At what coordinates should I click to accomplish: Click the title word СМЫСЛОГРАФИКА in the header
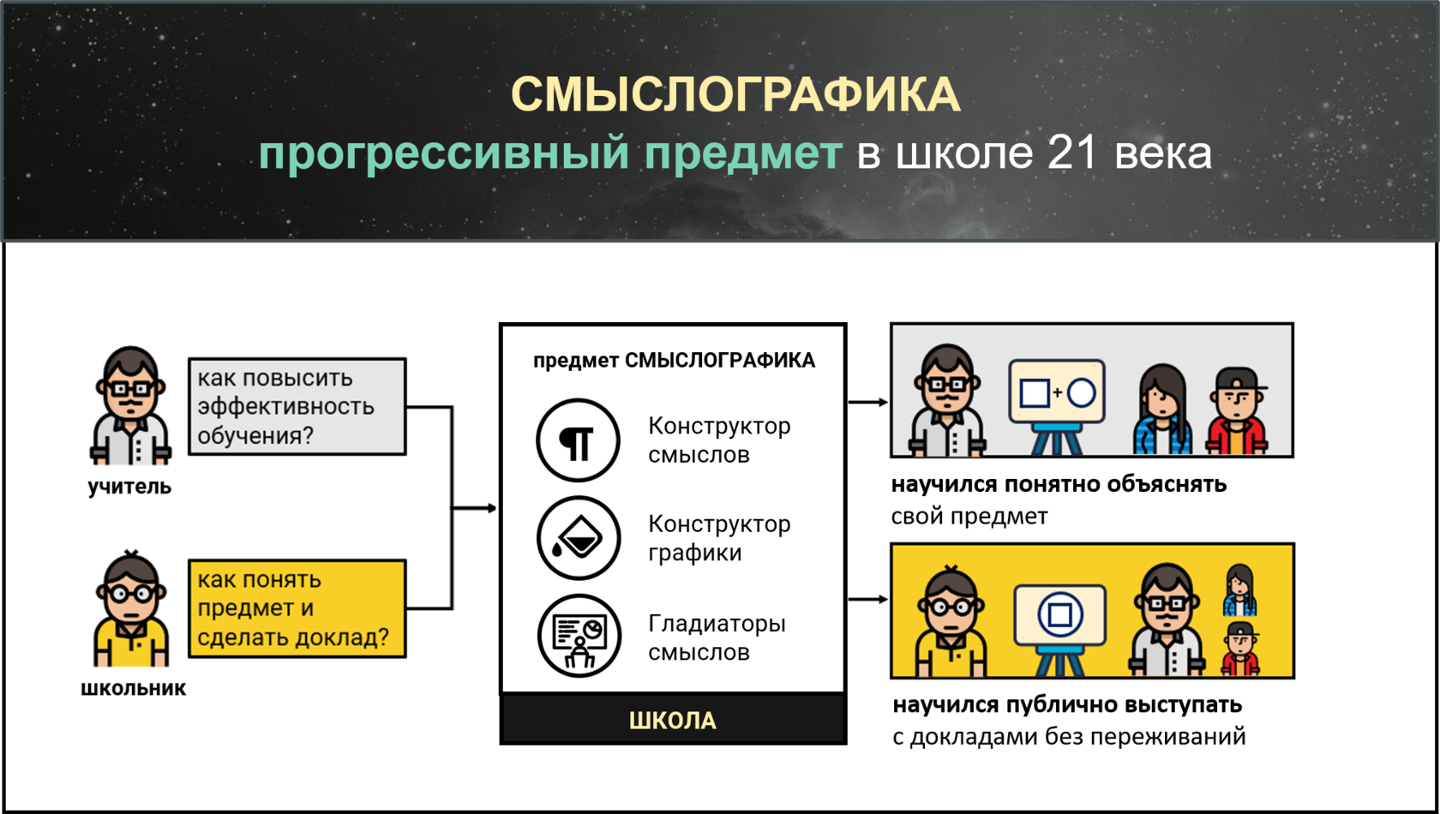point(735,94)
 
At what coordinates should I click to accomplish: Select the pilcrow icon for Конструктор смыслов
point(578,440)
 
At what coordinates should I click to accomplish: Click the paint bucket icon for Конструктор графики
point(578,538)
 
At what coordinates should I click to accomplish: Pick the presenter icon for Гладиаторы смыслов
point(579,636)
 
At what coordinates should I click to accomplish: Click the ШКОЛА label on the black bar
point(673,721)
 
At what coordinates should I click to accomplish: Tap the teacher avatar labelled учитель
point(130,405)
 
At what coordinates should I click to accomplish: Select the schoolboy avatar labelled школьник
point(130,610)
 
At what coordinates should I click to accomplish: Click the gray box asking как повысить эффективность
point(297,406)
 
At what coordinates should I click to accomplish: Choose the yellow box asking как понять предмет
point(297,608)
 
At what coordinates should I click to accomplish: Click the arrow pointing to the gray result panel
point(868,402)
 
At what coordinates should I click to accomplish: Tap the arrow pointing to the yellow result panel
point(868,599)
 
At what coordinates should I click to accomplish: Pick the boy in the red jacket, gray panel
point(1238,411)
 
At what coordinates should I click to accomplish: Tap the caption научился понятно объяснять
point(1059,485)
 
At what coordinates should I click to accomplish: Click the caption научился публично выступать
point(1067,705)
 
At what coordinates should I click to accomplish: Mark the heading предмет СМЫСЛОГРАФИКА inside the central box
point(674,361)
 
